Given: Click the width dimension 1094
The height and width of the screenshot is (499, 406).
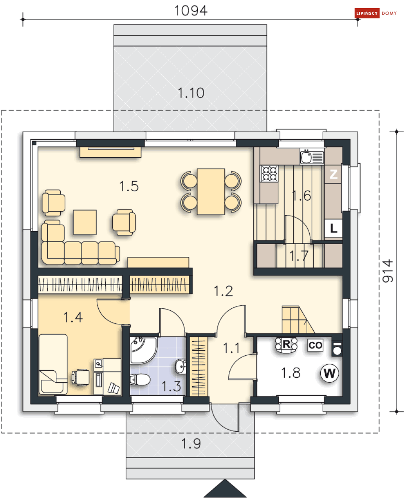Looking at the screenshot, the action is pos(191,11).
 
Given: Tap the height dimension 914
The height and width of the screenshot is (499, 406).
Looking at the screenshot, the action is pos(388,271).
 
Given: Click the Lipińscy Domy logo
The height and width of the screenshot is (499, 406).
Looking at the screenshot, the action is pos(375,13).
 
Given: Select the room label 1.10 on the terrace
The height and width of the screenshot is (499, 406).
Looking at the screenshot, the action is pos(191,93).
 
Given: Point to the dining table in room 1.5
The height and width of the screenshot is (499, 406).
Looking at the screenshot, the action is pos(211,192).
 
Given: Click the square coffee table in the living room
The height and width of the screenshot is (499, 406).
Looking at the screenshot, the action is pos(85,222).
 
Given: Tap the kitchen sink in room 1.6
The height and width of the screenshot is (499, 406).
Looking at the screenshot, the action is pos(312,157).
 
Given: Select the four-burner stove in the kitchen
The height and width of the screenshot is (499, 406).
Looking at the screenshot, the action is pos(269,174).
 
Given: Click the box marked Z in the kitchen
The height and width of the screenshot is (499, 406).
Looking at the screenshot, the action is pos(333,174).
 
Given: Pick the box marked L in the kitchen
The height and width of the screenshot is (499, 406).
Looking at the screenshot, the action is pos(333,228).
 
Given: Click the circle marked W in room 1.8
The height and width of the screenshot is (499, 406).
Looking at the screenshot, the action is pos(329,373).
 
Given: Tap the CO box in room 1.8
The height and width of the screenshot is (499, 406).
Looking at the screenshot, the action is pos(315,345).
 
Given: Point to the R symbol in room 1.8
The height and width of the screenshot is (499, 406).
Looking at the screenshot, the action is pos(286,345).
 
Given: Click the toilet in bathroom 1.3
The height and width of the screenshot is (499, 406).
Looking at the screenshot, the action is pos(140,379).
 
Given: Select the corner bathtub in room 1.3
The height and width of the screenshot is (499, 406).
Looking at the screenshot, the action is pos(143,351).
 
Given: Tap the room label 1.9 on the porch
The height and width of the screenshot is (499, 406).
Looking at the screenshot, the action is pos(191,443).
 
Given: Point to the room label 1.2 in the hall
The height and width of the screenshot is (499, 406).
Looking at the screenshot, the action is pos(224,291).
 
